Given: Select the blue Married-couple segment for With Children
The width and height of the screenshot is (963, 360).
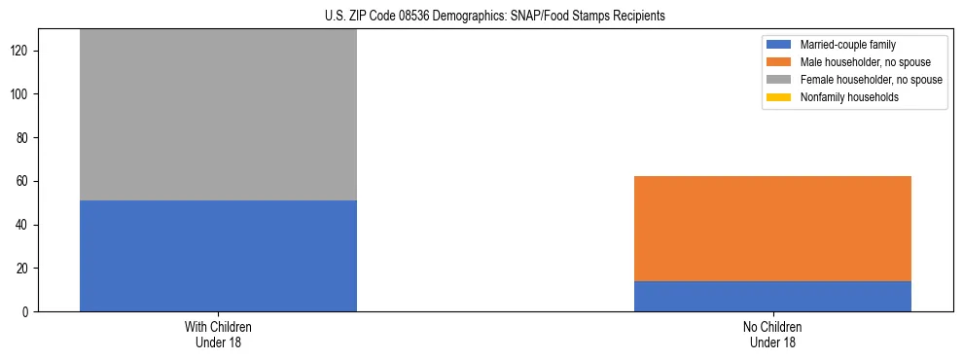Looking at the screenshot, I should pos(218,256).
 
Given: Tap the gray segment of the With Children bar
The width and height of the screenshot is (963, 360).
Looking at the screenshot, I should pos(218,115).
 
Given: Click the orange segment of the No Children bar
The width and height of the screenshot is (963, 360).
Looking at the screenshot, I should pos(772,229).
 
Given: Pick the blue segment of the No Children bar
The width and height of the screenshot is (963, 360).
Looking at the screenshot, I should pos(772,296).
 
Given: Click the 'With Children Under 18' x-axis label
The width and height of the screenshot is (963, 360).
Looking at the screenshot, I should pos(218,335).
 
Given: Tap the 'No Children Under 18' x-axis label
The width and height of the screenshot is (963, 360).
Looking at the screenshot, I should pos(772,335).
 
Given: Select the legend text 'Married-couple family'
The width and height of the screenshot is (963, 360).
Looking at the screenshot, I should pos(846,45).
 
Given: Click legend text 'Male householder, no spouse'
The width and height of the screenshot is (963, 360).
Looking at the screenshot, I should pos(864,62).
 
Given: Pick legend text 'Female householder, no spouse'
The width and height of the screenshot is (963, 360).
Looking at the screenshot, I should pos(871,80).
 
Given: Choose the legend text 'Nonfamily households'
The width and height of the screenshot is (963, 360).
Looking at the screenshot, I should pos(848,97).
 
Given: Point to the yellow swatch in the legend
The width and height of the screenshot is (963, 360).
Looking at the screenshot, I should pos(779,97).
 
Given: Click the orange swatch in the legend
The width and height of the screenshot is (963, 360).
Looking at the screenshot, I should pos(779,62).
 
